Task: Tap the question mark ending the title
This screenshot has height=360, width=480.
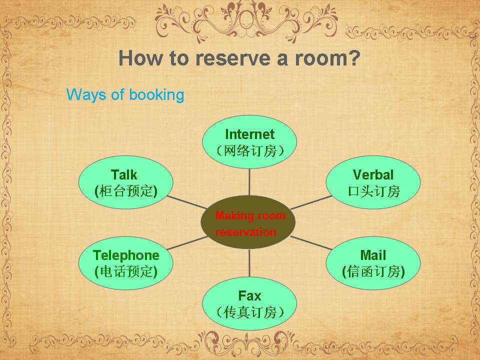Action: (354, 57)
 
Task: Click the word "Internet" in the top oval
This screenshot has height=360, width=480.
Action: (250, 134)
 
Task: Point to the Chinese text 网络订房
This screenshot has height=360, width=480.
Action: (250, 150)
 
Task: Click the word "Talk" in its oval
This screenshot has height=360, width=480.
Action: (124, 175)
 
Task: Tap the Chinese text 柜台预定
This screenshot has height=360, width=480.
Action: (126, 191)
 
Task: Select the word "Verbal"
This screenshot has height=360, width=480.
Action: (373, 175)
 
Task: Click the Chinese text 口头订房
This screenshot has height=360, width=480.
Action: (374, 191)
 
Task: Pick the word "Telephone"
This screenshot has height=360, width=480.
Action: (126, 255)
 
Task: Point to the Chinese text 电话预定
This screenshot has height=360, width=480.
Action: (126, 271)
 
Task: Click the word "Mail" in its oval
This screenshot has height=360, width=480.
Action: (373, 255)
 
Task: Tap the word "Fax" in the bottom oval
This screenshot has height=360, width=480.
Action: (250, 296)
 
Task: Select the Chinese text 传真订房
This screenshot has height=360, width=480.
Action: (250, 312)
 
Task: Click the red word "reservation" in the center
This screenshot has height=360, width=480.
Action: (246, 232)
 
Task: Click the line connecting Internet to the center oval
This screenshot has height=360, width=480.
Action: (249, 182)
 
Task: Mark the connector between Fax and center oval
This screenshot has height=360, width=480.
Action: (249, 263)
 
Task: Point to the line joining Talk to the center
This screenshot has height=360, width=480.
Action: (187, 202)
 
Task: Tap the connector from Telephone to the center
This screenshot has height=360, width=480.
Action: (187, 243)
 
